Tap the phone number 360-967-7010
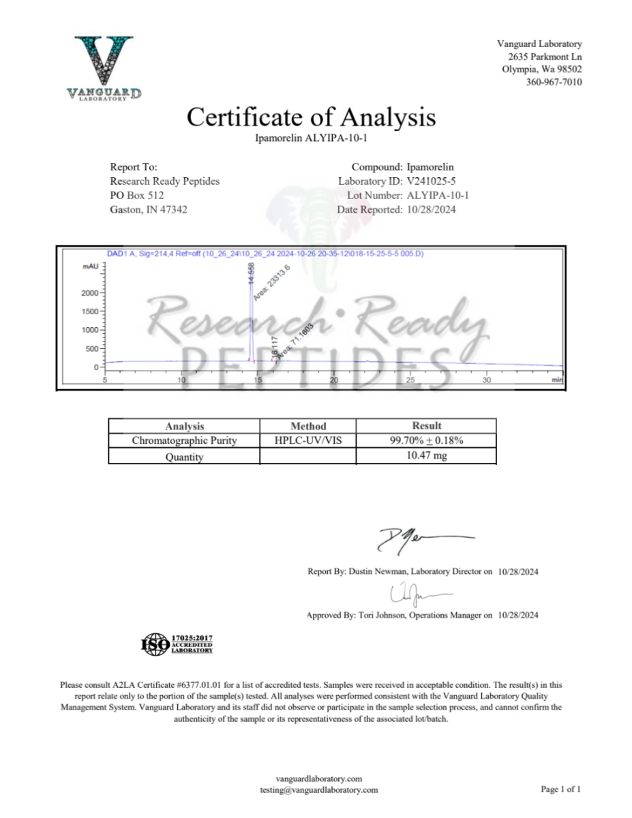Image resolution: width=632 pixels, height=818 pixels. tap(554, 82)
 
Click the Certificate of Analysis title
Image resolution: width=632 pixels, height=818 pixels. tap(311, 117)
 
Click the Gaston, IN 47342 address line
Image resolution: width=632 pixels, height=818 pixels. tap(149, 210)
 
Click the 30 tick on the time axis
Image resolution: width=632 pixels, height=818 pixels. tap(486, 380)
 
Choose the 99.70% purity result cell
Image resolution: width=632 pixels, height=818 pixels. tap(426, 441)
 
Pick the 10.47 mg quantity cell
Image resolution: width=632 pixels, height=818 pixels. tap(426, 456)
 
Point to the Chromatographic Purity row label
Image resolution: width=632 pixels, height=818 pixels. tap(184, 441)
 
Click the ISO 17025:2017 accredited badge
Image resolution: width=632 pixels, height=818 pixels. tap(177, 643)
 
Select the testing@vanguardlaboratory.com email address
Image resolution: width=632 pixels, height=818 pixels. tap(318, 790)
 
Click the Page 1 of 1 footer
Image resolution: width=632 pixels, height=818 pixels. tap(560, 789)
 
